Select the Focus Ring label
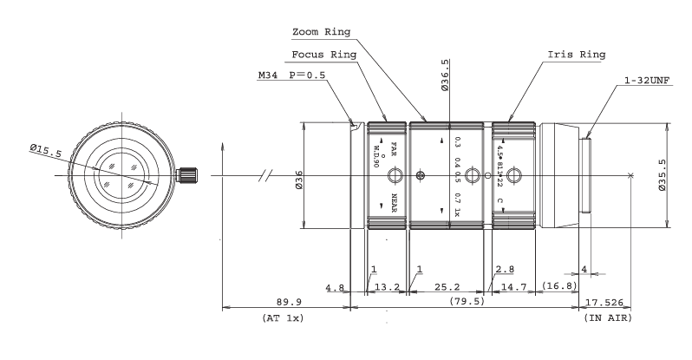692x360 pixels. (329, 54)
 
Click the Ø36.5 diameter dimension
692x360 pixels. (446, 69)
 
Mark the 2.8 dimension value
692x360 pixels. (506, 270)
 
